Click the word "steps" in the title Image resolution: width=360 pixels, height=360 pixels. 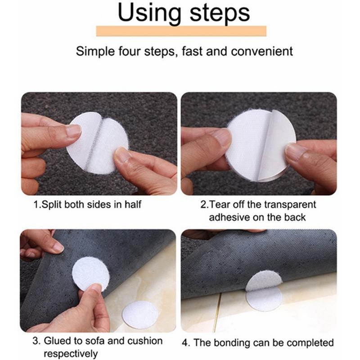coord(217,13)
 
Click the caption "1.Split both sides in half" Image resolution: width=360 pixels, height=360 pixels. coord(88,204)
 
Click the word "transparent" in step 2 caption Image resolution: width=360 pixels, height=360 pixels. coord(289,204)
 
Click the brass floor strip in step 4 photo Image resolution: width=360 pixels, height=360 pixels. coord(217,310)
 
